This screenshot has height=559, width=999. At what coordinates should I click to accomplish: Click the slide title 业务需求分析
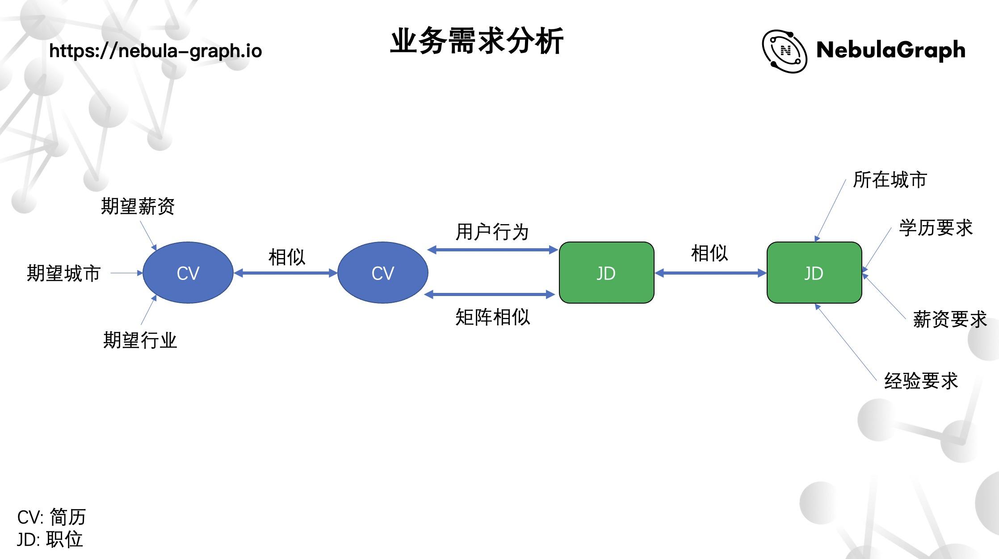coord(477,42)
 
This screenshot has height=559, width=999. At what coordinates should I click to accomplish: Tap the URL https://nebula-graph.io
coord(155,51)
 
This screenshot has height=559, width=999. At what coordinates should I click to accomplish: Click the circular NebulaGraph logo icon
coord(784,51)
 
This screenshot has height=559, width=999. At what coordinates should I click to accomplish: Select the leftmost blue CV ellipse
coord(188,273)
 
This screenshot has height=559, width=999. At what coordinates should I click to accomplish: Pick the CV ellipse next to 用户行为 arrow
coord(382,273)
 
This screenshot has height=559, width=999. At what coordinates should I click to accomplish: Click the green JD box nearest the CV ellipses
coord(606,273)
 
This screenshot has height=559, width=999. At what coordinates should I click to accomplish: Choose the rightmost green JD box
coord(814,273)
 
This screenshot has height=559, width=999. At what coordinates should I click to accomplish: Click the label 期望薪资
coord(138,206)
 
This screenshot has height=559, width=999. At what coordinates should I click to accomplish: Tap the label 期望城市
coord(63,273)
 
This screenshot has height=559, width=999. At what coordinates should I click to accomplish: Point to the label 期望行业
coord(140,340)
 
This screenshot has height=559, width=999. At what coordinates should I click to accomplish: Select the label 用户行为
coord(492,232)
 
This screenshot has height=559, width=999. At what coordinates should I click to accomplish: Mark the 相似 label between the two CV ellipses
coord(286,257)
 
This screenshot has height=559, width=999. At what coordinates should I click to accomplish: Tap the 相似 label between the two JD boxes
coord(709,253)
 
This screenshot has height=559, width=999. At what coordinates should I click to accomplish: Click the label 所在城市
coord(890,180)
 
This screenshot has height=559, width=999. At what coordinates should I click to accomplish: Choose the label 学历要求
coord(936,228)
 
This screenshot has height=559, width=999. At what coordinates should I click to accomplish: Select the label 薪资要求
coord(949,320)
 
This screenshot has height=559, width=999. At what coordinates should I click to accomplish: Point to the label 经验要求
coord(921,381)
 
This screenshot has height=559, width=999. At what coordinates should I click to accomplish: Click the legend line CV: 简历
coord(51,517)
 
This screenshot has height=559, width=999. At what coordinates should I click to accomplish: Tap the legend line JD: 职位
coord(50,539)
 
